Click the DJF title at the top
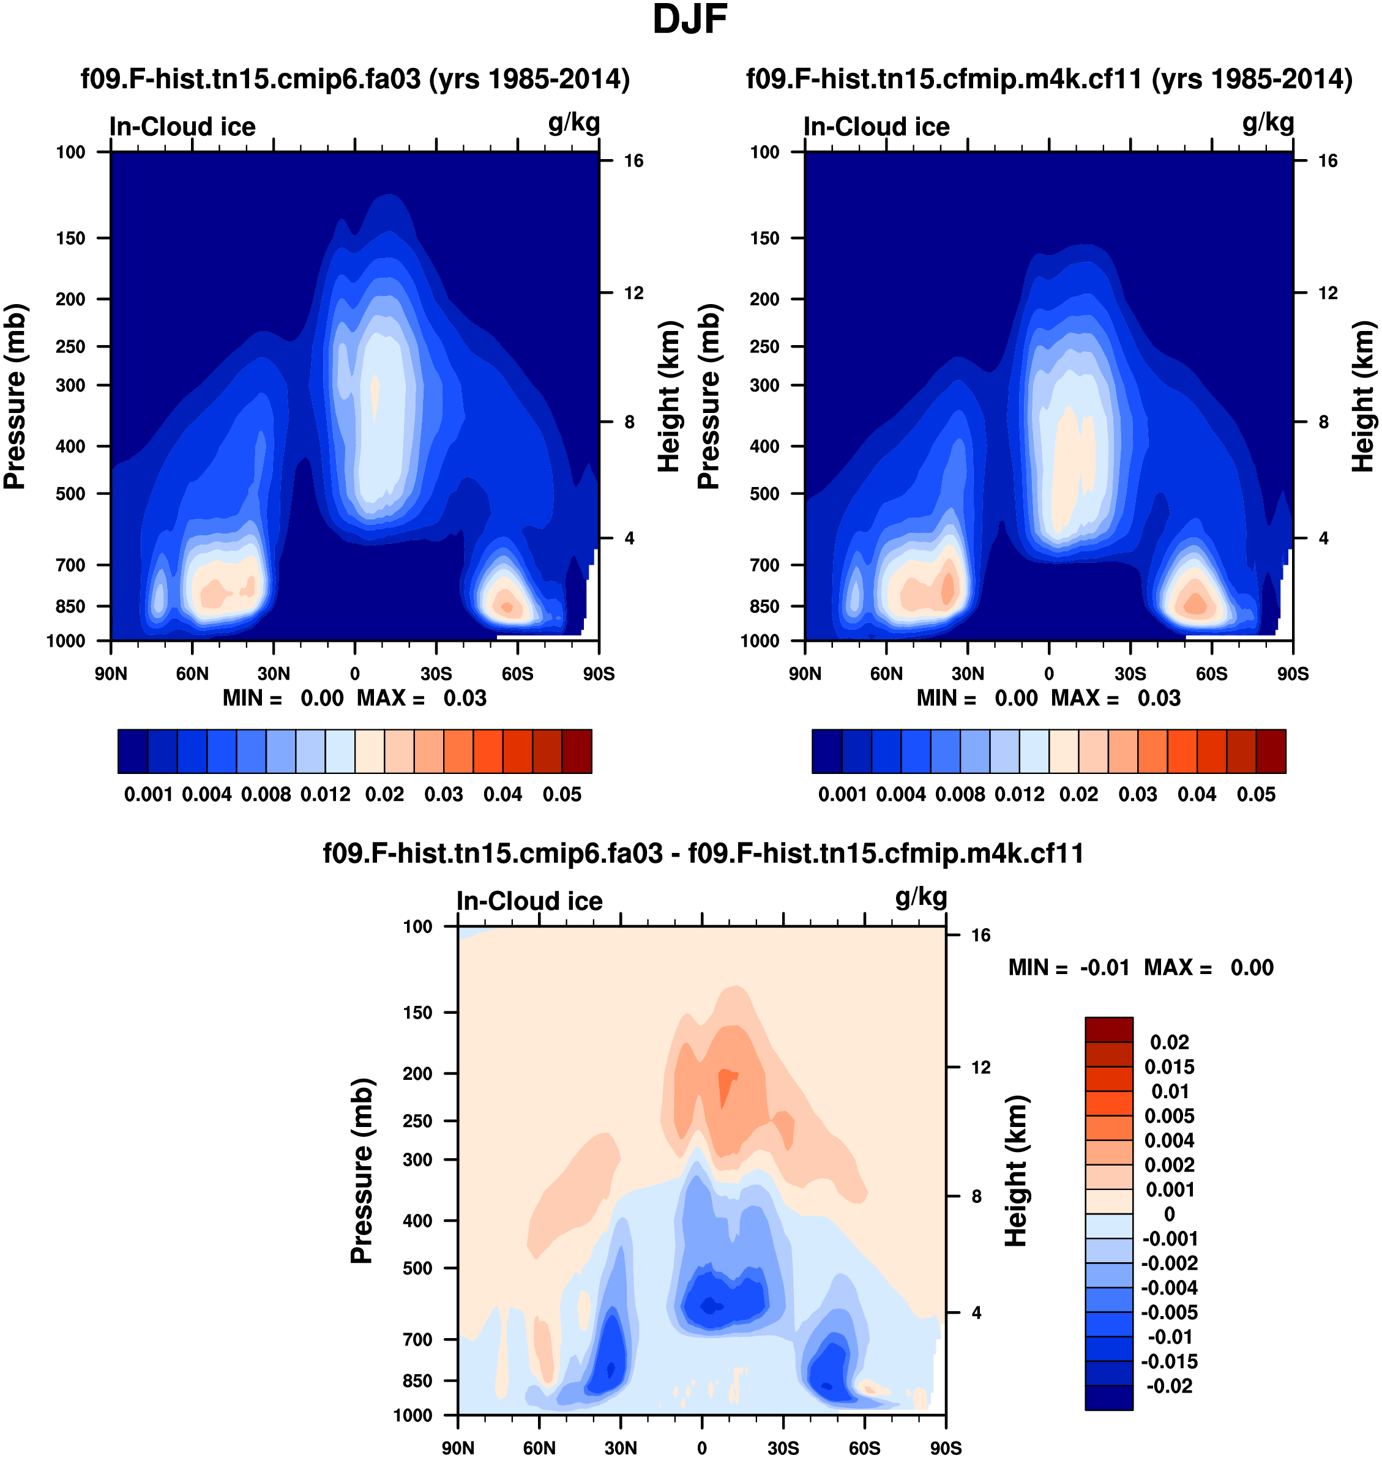690,20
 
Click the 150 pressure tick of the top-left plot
71,238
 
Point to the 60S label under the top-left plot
517,673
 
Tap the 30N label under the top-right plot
967,673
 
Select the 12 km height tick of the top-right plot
1328,293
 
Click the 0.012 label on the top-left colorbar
325,795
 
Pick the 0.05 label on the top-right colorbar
1256,795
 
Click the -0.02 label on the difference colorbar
1169,1386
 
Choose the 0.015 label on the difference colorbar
1169,1067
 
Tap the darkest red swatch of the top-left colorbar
577,751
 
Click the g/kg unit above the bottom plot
921,897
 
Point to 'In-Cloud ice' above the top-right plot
876,127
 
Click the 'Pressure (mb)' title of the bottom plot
362,1171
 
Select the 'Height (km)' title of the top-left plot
668,396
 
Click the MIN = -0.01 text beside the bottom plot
1068,967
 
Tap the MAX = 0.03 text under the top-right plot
1115,698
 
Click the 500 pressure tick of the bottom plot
417,1268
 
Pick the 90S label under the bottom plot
945,1448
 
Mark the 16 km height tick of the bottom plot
980,935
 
